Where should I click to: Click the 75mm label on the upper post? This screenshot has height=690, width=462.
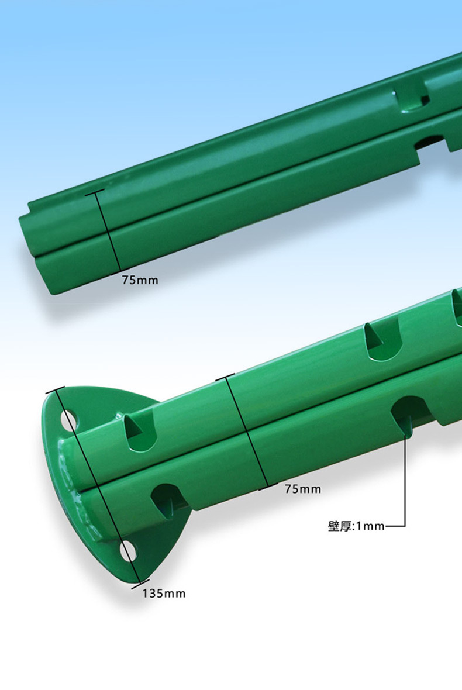pos(140,280)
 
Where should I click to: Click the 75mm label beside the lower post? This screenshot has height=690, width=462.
pos(303,489)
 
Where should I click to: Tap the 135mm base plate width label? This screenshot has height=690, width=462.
pos(164,594)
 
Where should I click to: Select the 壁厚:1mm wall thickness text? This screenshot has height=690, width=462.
pos(356,526)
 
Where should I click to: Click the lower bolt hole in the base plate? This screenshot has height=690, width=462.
pos(129,551)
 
